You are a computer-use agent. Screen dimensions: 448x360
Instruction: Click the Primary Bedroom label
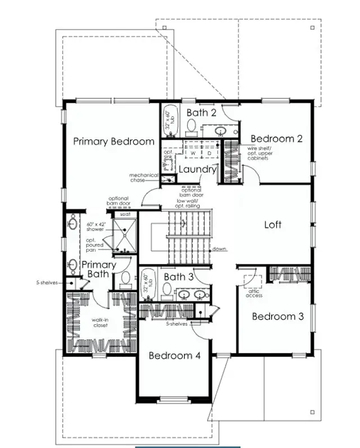[x=114, y=142]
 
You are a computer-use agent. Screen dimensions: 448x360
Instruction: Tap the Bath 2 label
[x=201, y=112]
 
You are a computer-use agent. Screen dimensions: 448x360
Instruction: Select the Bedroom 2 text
[x=277, y=139]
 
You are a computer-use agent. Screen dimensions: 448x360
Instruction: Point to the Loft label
[x=273, y=225]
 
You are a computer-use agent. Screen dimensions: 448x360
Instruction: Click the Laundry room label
[x=197, y=169]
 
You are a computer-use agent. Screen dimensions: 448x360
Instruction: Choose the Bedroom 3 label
[x=278, y=316]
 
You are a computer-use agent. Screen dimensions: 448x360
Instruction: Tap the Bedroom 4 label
[x=174, y=356]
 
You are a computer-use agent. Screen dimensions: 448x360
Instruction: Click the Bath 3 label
[x=178, y=277]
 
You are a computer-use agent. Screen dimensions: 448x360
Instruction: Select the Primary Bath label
[x=99, y=269]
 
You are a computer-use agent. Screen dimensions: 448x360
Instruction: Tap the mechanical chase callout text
[x=143, y=177]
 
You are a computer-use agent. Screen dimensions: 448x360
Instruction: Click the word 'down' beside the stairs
[x=219, y=249]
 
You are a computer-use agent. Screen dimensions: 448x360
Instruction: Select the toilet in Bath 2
[x=191, y=126]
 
